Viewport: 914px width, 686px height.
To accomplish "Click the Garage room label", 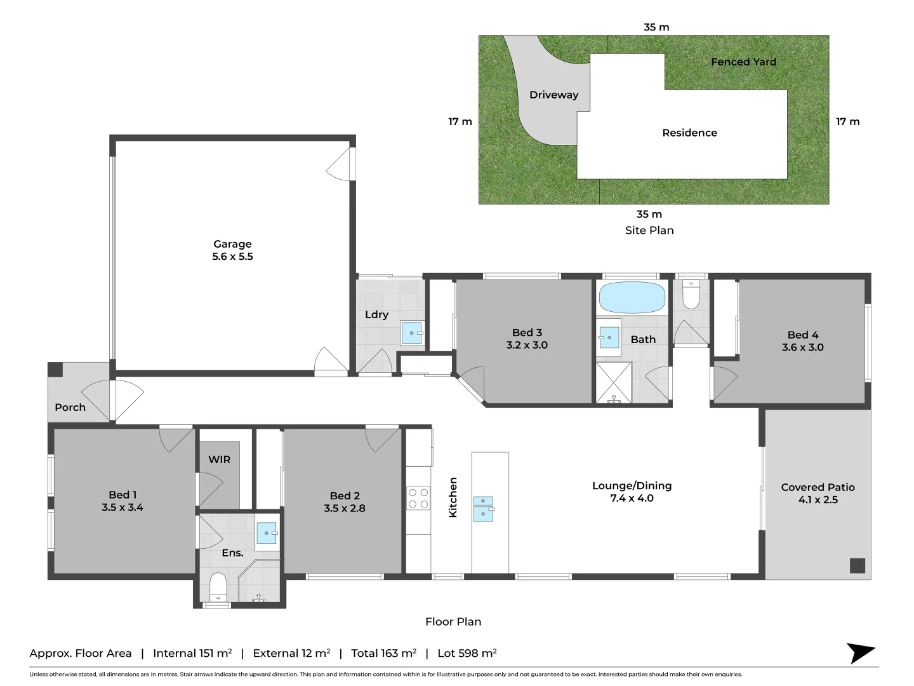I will pos(232,244).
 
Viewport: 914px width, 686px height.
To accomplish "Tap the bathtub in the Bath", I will pos(632,297).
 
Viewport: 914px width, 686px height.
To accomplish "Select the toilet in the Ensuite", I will pos(218,588).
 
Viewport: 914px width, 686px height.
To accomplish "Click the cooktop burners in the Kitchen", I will pos(418,498).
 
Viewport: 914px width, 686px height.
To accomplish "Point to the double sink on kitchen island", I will pos(483,509).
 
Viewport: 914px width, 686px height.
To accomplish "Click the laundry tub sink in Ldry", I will pos(412,333).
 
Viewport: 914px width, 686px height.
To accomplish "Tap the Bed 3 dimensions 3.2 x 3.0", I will pos(526,345).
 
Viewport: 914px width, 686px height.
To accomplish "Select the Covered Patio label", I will pos(818,487).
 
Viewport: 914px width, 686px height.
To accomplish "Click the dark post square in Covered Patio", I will pos(857,565).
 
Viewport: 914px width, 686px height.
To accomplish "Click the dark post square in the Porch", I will pos(56,370).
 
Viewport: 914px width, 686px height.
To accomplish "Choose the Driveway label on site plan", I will pos(553,95).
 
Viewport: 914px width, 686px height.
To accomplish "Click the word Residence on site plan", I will pos(689,133).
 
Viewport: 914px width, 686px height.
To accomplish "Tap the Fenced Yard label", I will pos(743,62).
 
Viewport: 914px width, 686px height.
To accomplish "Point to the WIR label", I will pos(219,459).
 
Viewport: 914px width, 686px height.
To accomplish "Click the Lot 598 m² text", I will pos(467,653).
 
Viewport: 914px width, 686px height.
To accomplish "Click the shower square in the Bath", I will pos(613,382).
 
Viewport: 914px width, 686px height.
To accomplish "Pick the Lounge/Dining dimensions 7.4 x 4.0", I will pos(632,498).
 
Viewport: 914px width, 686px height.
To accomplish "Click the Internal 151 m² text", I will pos(192,653).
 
